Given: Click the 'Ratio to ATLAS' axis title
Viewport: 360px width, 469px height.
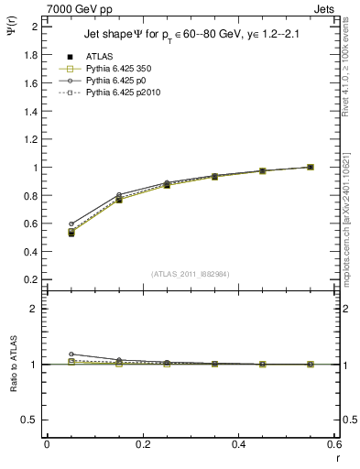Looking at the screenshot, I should click(13, 365).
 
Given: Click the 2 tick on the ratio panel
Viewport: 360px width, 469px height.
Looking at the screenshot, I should click(34, 309).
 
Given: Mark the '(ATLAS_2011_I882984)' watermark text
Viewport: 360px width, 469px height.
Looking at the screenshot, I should click(190, 274).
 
